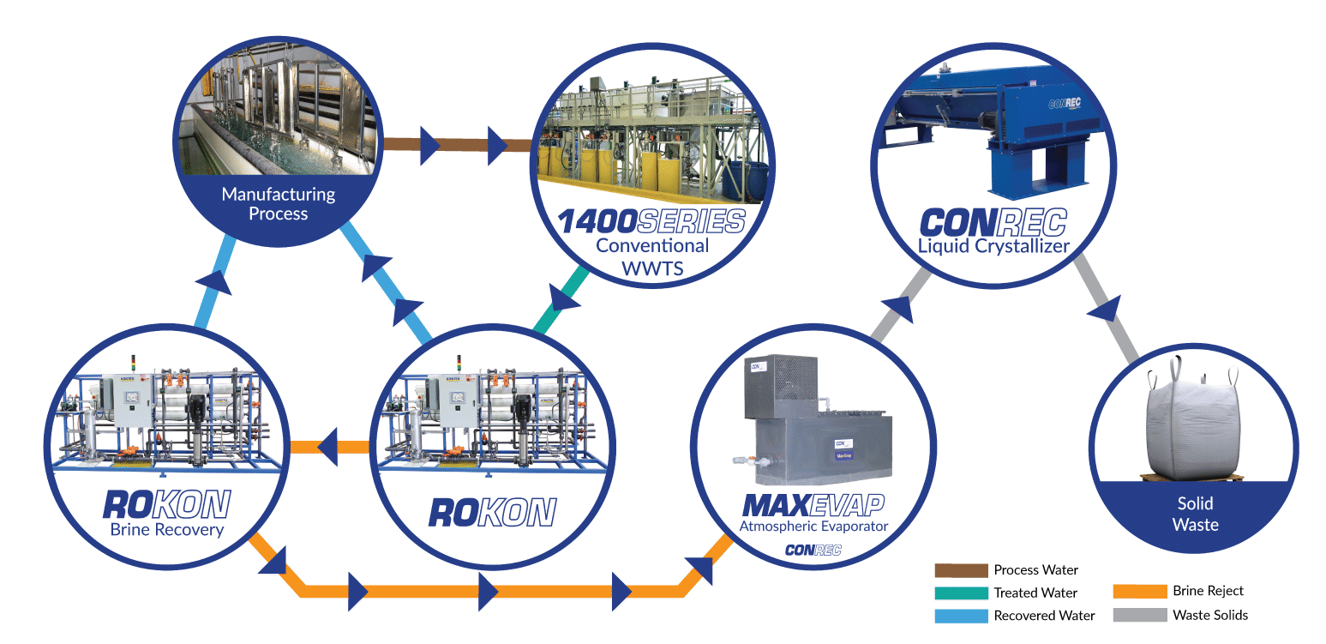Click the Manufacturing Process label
(278, 204)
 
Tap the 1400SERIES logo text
(651, 222)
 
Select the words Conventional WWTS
(652, 257)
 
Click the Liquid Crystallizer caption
(993, 247)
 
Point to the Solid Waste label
(1195, 514)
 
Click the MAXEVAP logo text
(813, 503)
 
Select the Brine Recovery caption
(166, 529)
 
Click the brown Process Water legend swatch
(960, 570)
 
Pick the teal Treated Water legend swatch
(960, 593)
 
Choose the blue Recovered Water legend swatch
(960, 615)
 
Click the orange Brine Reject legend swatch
(1139, 591)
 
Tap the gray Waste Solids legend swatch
(1139, 615)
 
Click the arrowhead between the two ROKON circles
(329, 447)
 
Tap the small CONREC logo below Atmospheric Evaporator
(813, 550)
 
